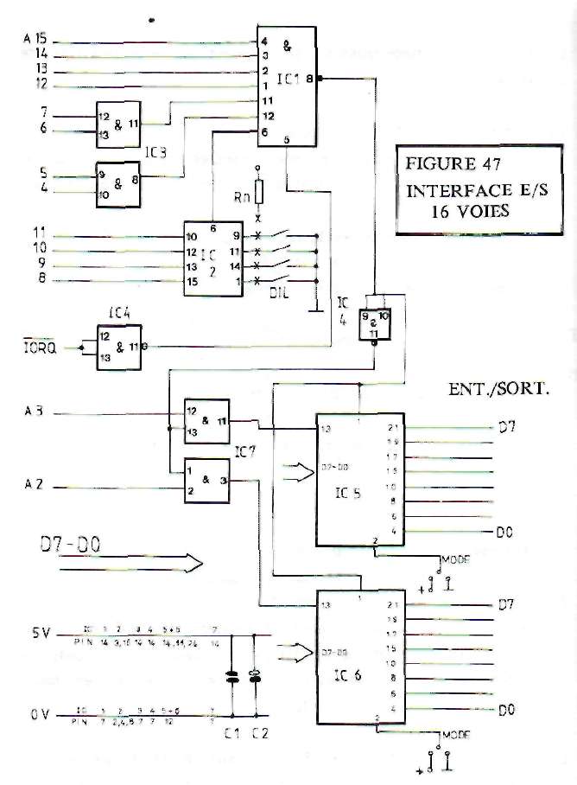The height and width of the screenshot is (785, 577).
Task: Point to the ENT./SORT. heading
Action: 498,388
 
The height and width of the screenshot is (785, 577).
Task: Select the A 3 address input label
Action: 35,414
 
